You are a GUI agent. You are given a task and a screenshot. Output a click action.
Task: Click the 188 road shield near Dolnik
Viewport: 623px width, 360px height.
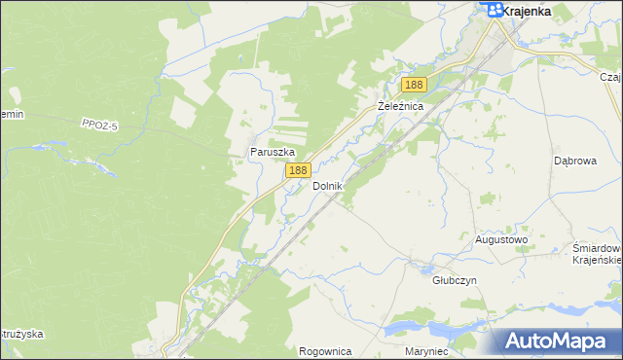(x=297, y=170)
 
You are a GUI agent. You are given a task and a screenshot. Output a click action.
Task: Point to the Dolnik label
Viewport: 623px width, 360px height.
(x=327, y=185)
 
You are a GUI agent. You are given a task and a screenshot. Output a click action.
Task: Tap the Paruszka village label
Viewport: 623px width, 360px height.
(x=272, y=152)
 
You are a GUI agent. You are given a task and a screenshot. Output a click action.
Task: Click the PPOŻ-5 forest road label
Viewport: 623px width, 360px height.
(x=100, y=123)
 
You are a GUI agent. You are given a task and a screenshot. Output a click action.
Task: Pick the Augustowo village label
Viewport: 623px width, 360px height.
(x=500, y=238)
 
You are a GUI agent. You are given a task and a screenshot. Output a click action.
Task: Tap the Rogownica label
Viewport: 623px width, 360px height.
(x=325, y=351)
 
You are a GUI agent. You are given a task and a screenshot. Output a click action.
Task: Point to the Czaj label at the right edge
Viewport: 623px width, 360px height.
(x=610, y=76)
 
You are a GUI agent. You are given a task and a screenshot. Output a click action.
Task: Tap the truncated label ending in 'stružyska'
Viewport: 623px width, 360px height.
(x=21, y=334)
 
